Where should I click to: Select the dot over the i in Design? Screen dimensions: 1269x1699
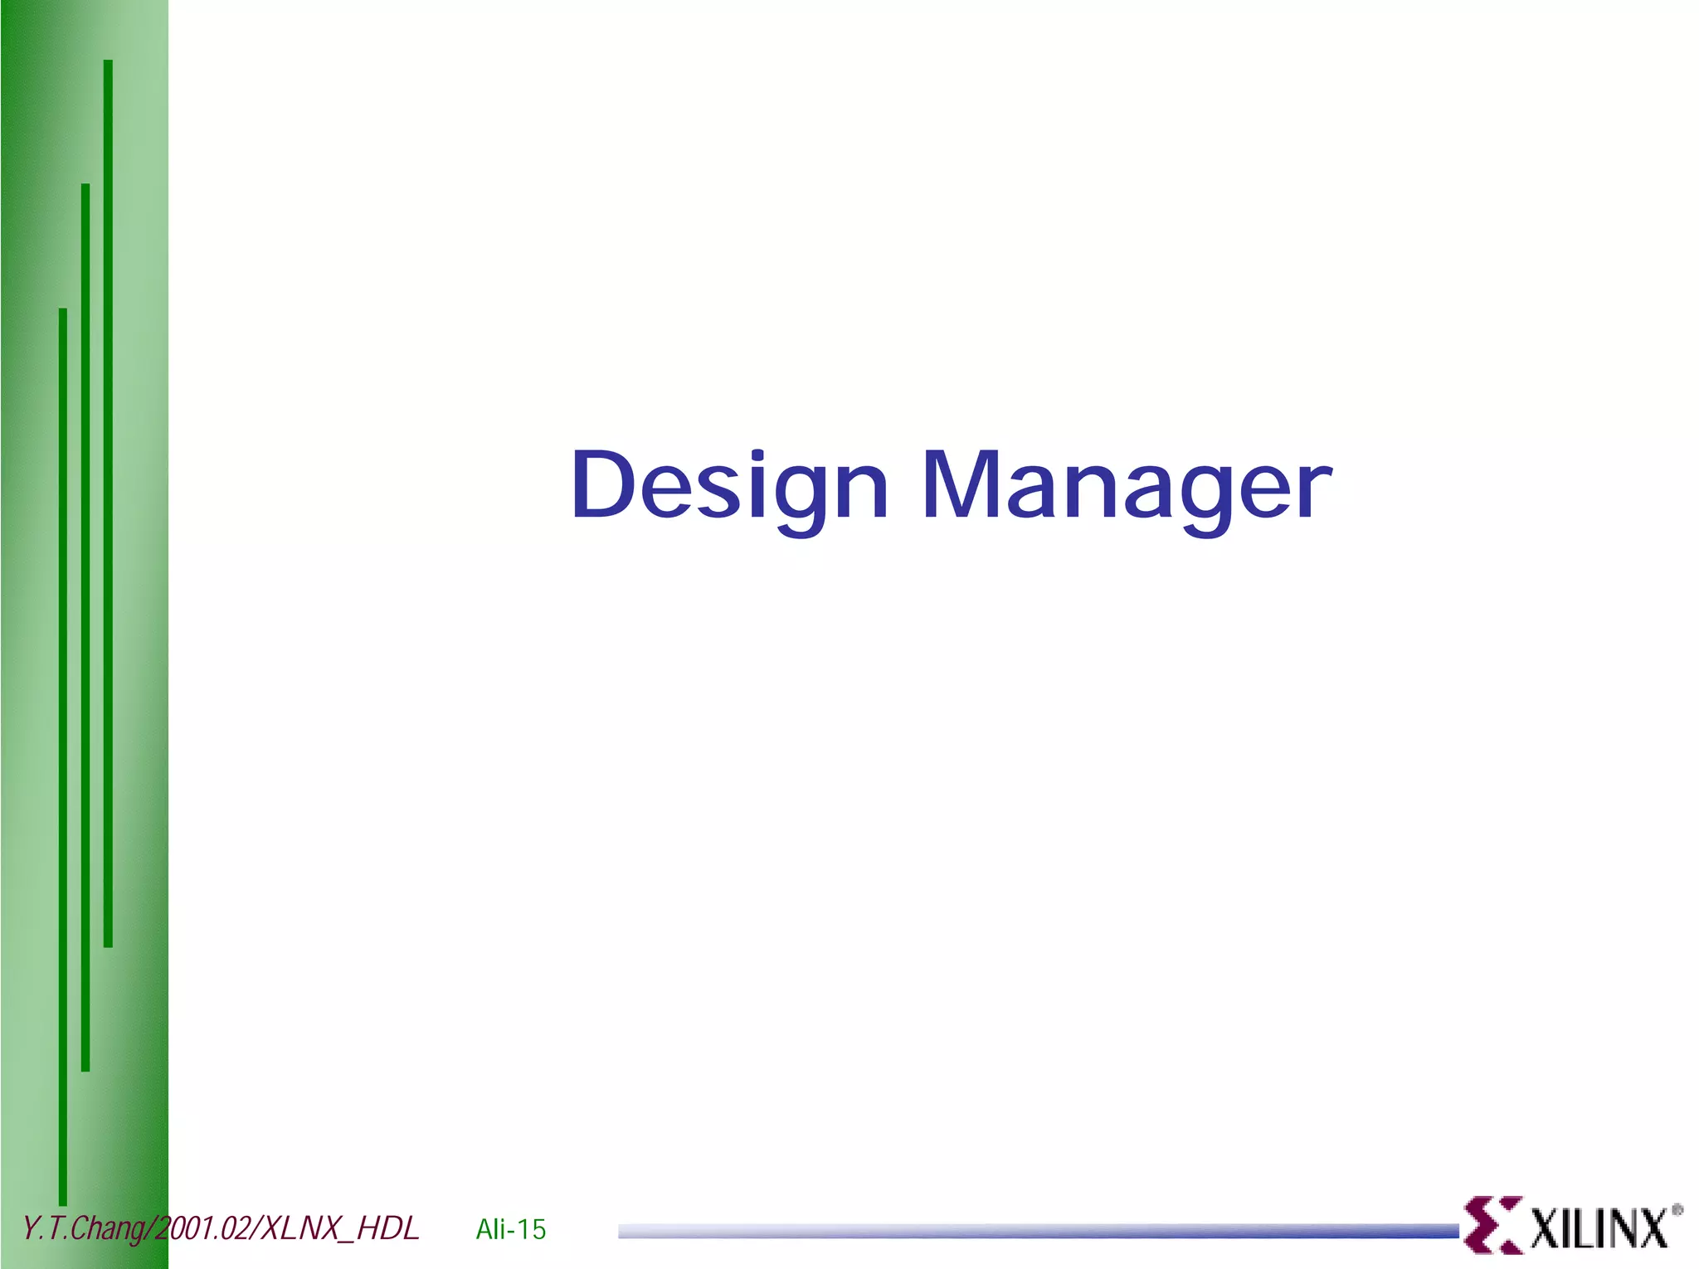757,455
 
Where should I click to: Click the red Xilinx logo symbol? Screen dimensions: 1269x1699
1492,1224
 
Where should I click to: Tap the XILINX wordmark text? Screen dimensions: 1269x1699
1598,1228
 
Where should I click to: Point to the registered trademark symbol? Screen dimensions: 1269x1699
1677,1210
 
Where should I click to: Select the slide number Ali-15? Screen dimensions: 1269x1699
511,1229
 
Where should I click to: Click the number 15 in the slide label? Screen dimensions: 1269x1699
532,1229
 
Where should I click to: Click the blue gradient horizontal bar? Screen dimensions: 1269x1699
1037,1232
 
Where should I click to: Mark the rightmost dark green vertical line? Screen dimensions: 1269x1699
108,503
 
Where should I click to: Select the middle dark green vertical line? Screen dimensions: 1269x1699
85,627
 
